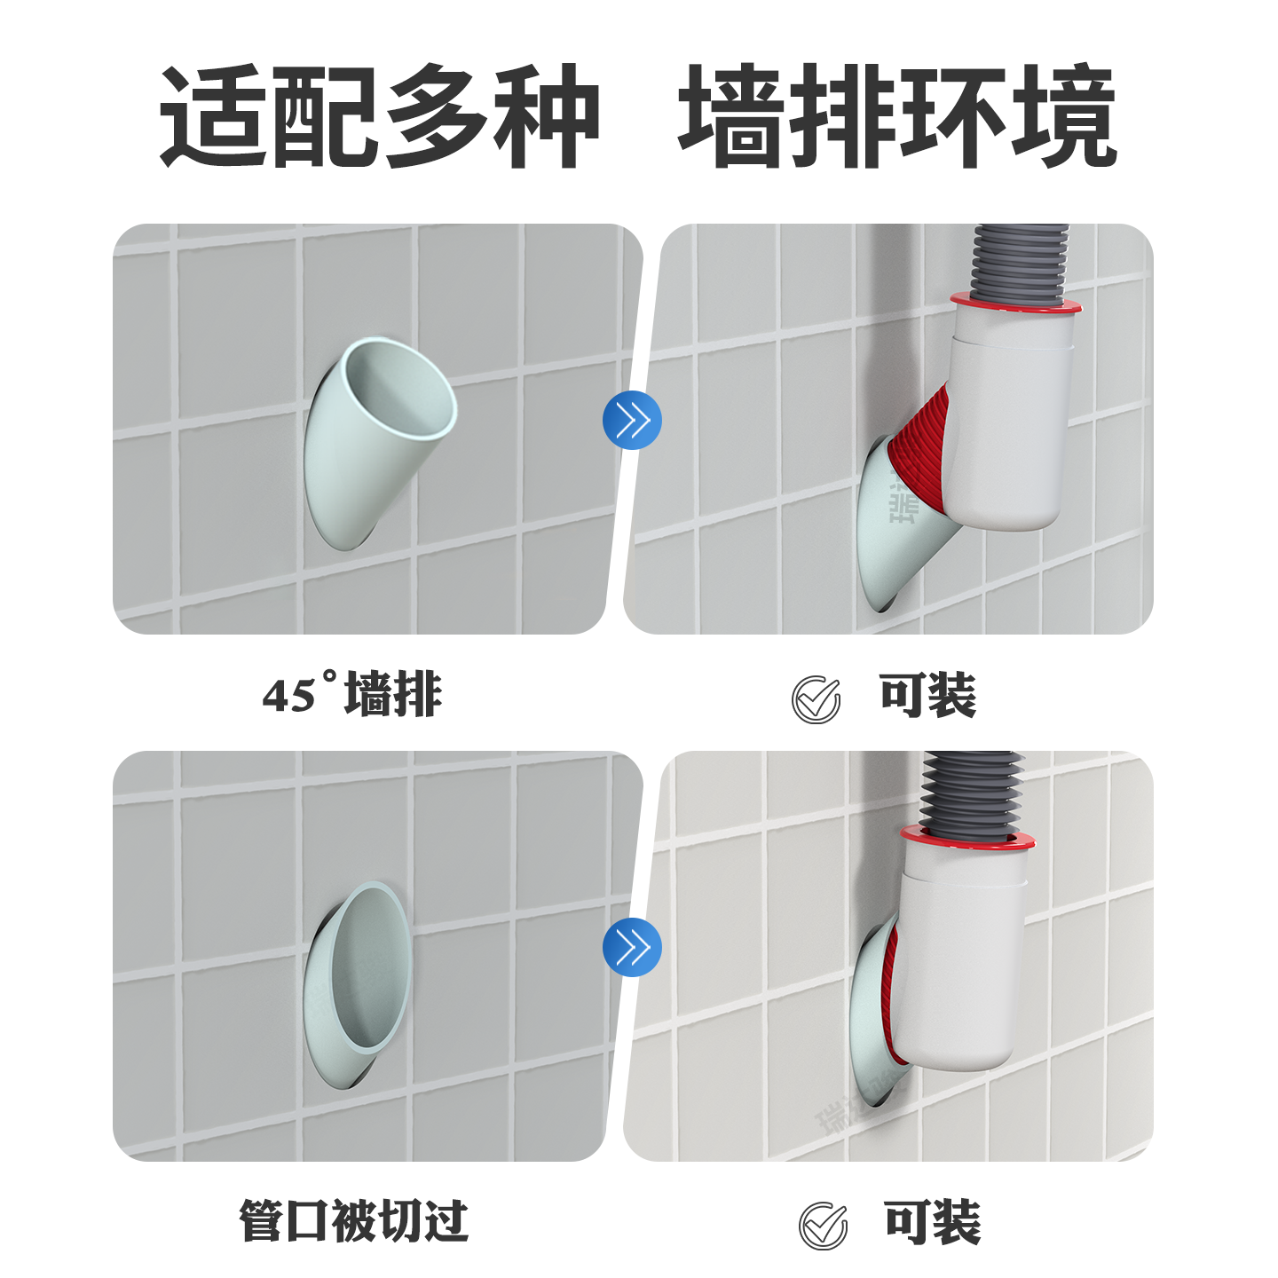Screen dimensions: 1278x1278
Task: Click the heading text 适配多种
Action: [380, 117]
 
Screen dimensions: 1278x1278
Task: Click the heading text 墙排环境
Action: [896, 117]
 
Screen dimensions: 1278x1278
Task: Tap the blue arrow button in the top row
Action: [632, 420]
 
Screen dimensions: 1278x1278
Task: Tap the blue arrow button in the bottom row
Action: [632, 947]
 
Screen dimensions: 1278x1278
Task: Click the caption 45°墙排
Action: [352, 694]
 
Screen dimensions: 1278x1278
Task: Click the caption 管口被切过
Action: [353, 1221]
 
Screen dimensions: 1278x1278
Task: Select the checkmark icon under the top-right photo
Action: [816, 699]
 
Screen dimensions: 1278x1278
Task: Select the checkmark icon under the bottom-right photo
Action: [823, 1226]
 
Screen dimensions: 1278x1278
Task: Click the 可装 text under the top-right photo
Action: [927, 695]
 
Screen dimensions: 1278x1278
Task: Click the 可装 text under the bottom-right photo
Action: [933, 1222]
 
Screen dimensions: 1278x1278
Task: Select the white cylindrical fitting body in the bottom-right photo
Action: [962, 967]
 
